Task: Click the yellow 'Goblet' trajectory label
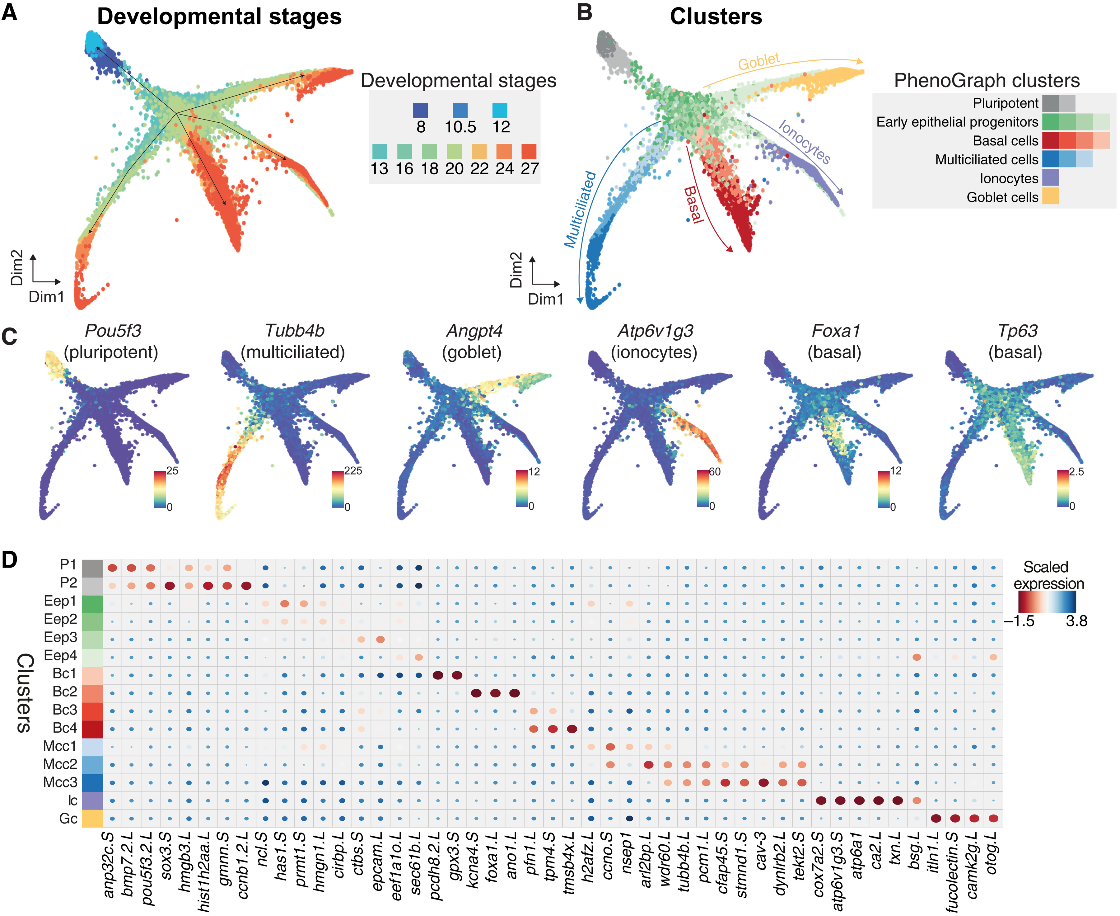click(x=758, y=61)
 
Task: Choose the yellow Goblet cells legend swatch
click(x=1050, y=197)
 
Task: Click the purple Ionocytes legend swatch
click(x=1050, y=178)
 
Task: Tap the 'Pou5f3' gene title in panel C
click(x=113, y=331)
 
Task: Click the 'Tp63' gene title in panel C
click(x=1017, y=331)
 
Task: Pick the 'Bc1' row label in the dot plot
click(x=64, y=674)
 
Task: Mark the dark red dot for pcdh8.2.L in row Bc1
click(x=438, y=675)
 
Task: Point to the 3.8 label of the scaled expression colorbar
click(x=1076, y=621)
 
